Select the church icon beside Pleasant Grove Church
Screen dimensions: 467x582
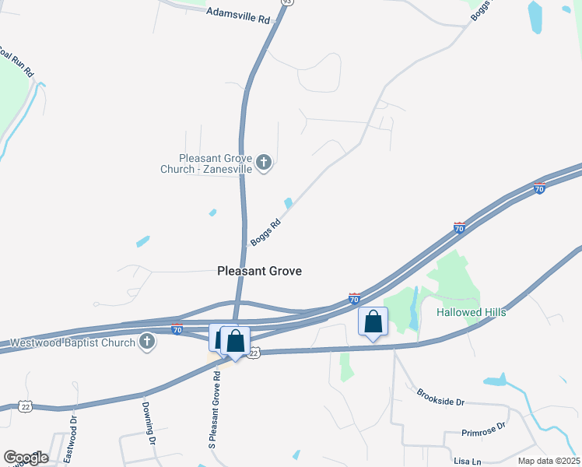(x=264, y=163)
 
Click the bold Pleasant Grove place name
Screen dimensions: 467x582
(x=258, y=271)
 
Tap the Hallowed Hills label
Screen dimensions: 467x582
(x=471, y=312)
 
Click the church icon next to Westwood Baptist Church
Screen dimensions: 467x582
(x=146, y=341)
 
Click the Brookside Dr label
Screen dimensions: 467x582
(x=440, y=397)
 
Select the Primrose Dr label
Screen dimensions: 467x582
(x=483, y=430)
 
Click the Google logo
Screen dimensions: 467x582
(x=25, y=457)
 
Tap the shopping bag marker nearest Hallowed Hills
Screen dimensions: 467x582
(x=373, y=321)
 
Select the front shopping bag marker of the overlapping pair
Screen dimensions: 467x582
(x=235, y=341)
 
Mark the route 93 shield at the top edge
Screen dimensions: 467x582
(x=288, y=2)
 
